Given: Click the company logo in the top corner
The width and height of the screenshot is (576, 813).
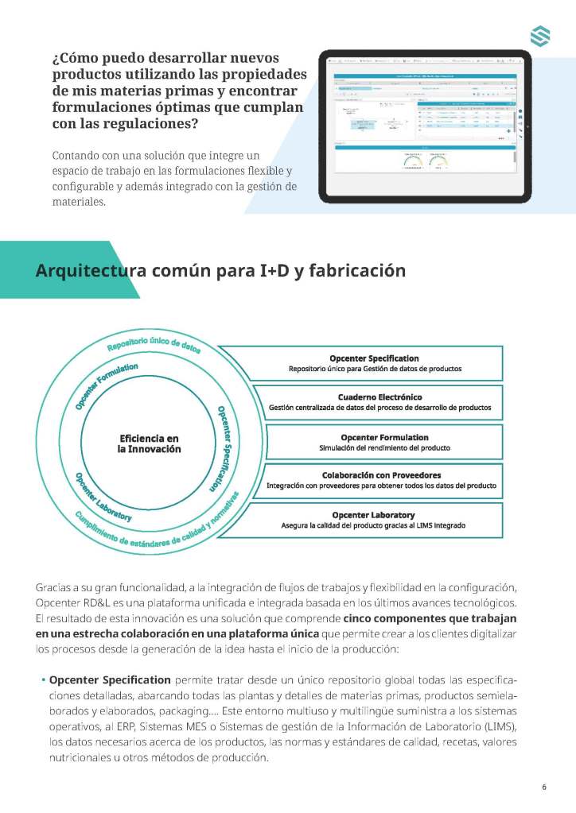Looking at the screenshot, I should (540, 36).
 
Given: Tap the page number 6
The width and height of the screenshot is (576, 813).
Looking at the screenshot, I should (544, 788).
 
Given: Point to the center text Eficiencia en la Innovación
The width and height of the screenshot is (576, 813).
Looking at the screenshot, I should (149, 443).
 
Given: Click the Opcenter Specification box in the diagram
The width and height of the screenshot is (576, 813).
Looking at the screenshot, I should (373, 363).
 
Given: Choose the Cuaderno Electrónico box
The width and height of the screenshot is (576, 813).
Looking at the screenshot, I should (379, 401).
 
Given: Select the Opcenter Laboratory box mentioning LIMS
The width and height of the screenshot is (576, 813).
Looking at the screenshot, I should (373, 520).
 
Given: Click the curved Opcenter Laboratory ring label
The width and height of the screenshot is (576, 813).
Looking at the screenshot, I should (103, 497).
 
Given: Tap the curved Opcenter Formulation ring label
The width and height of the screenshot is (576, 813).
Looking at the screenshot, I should (106, 385).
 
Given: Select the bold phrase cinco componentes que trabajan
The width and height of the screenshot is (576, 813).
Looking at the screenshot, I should (430, 617).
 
